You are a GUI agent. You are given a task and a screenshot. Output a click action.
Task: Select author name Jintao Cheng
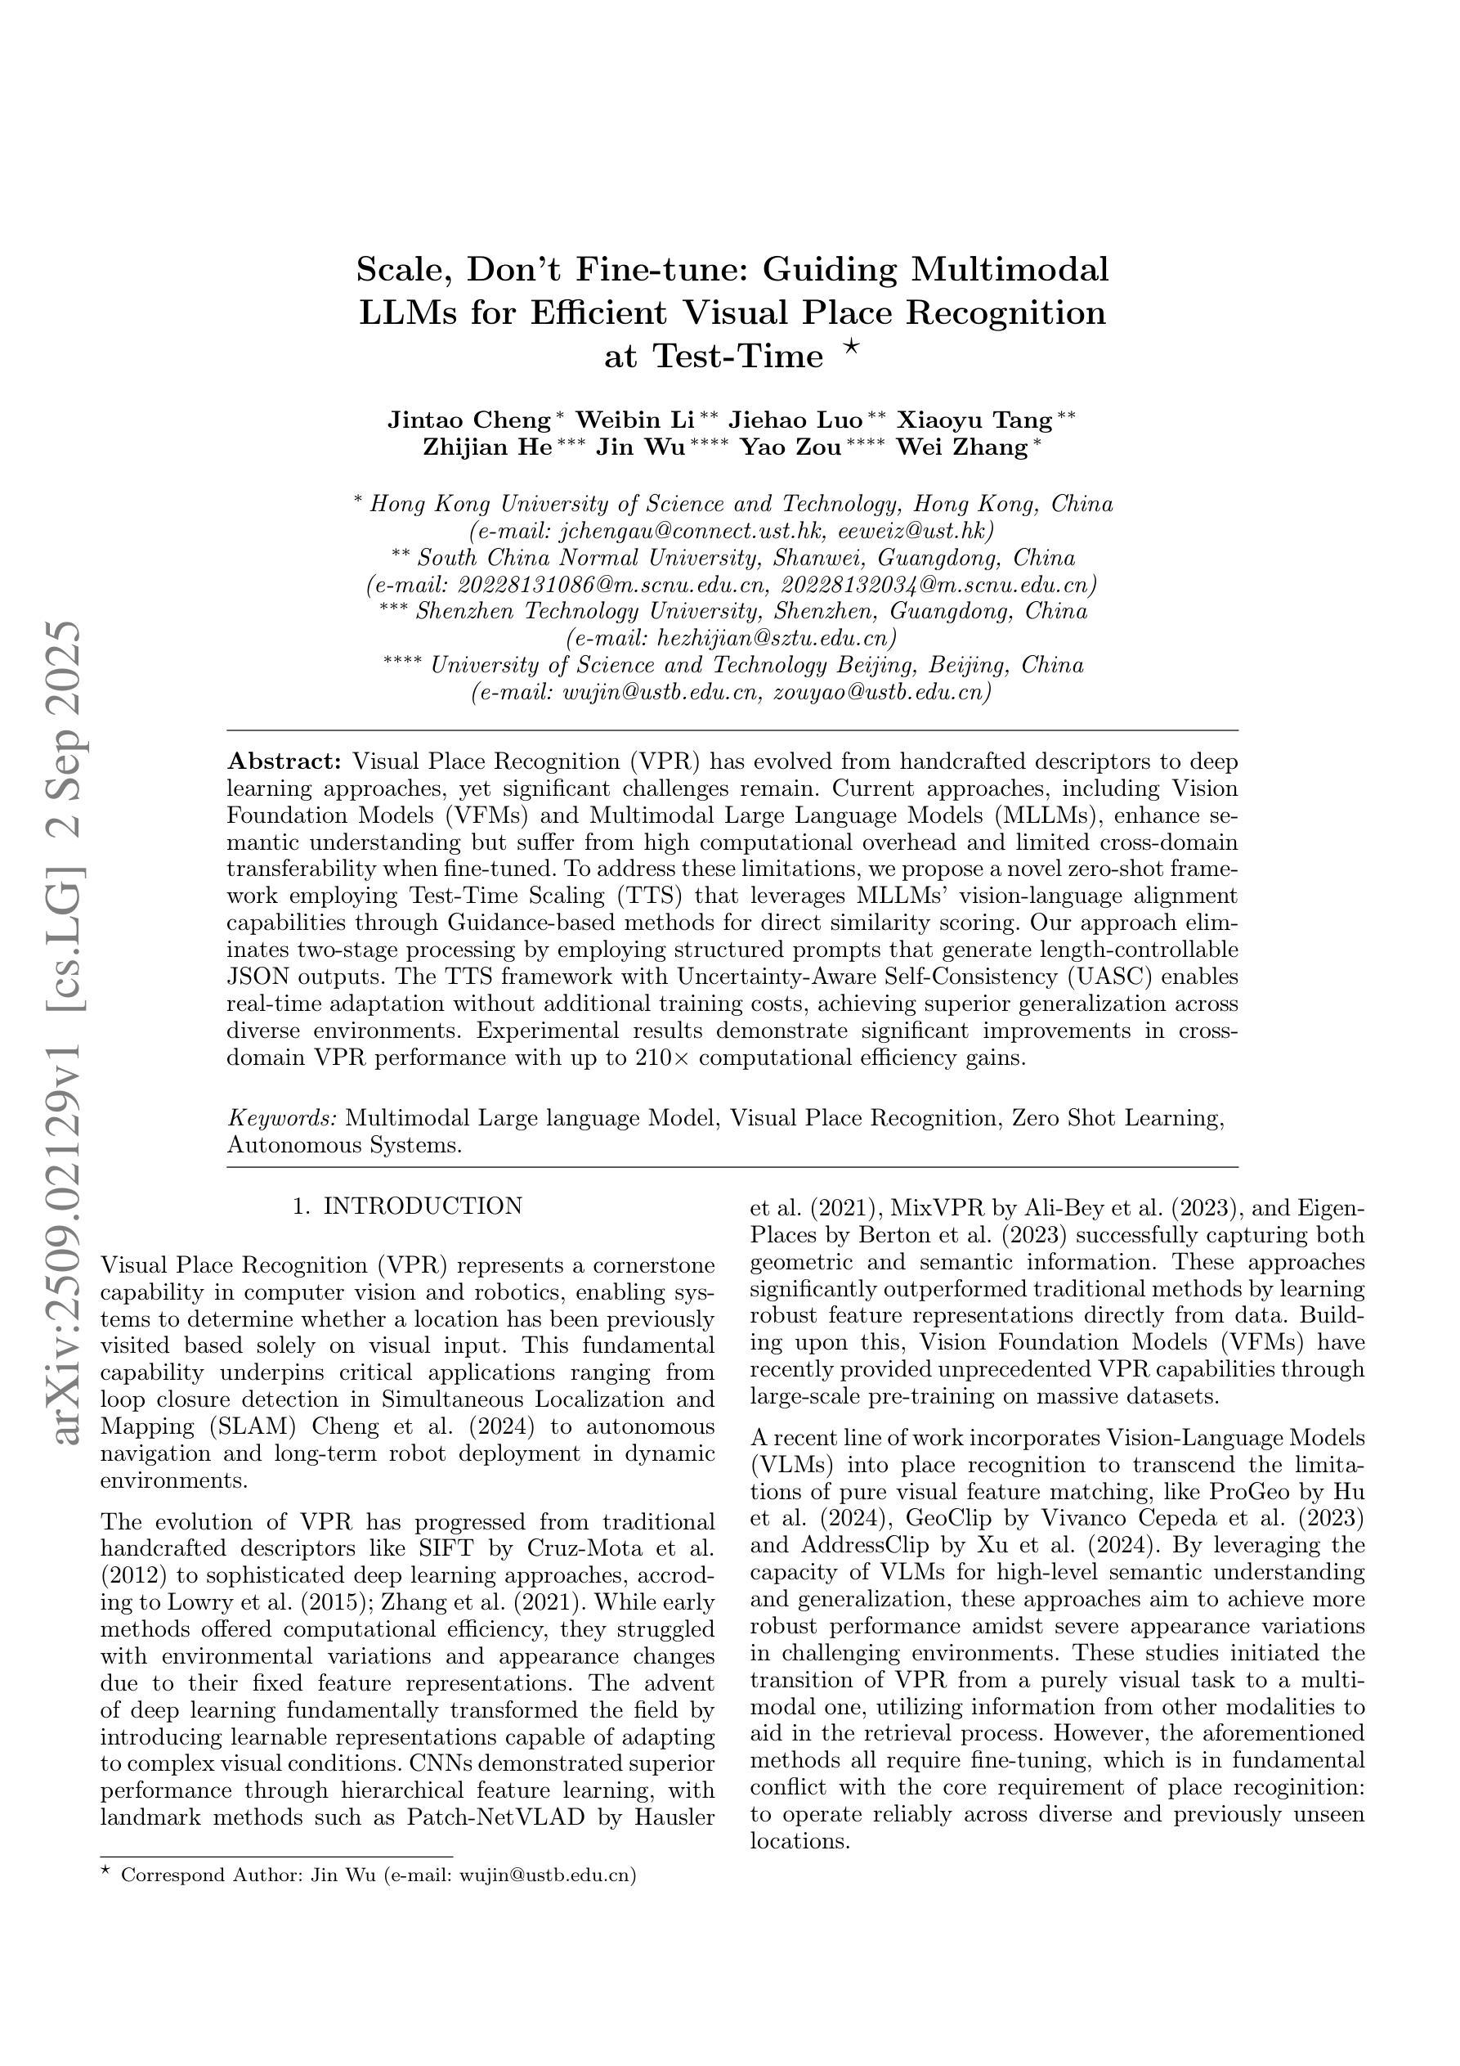coord(468,420)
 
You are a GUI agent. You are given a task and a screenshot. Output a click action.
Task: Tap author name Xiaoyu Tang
coord(975,420)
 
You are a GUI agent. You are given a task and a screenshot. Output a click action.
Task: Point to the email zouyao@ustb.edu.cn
coord(881,692)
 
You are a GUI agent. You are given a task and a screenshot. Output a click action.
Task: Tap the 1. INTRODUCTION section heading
coord(407,1206)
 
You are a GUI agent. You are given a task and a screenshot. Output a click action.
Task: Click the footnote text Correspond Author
coord(209,1875)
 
